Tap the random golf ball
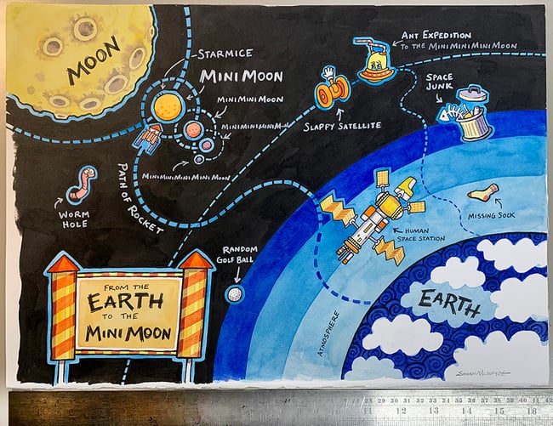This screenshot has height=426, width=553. (x=234, y=293)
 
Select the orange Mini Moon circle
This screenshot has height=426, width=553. (x=168, y=106)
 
